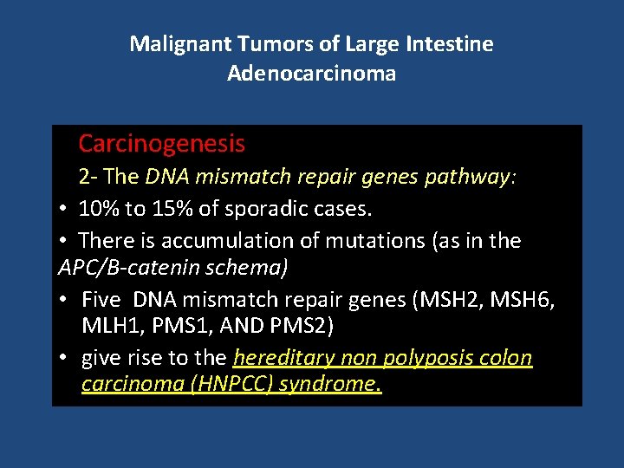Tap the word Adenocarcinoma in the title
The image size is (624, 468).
pyautogui.click(x=312, y=74)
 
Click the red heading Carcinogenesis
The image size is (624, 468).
pyautogui.click(x=162, y=144)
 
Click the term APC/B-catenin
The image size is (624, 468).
pyautogui.click(x=129, y=269)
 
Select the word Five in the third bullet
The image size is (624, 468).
pyautogui.click(x=103, y=300)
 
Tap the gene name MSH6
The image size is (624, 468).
pyautogui.click(x=523, y=300)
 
